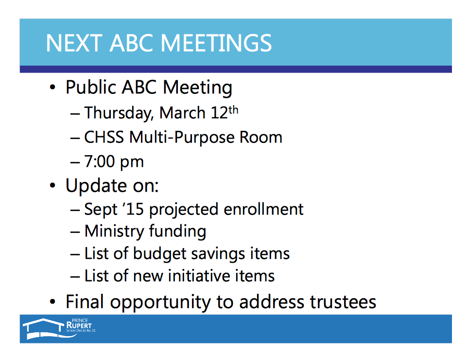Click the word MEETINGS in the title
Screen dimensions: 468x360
(216, 43)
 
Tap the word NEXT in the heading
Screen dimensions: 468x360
(74, 43)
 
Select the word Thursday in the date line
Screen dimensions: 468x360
(119, 113)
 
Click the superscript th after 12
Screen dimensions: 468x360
(233, 110)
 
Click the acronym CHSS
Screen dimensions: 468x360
(104, 137)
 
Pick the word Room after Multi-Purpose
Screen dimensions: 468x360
(261, 137)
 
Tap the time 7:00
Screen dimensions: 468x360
(100, 162)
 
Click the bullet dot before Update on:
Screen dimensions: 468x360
(52, 185)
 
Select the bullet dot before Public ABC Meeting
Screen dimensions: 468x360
(52, 87)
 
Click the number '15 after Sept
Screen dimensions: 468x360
(133, 209)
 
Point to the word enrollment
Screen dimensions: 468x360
(263, 209)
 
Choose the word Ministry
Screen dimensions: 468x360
(114, 232)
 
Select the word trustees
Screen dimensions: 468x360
(343, 302)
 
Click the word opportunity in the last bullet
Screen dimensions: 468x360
(160, 302)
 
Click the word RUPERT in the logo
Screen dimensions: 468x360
(79, 325)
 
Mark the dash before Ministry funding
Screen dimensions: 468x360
(75, 233)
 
